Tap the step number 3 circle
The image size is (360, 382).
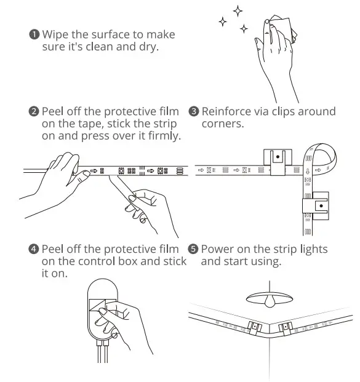coord(194,112)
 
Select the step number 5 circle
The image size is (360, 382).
coord(194,250)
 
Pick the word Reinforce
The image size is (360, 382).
coord(226,112)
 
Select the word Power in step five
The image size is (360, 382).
coord(217,250)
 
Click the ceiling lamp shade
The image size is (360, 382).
coord(270,298)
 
